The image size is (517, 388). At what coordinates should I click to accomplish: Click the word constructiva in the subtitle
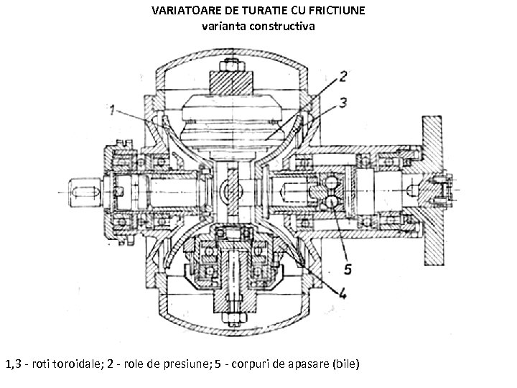click(x=279, y=27)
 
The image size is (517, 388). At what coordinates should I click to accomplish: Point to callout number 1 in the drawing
click(x=112, y=111)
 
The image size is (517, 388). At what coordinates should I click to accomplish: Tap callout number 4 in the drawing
click(x=343, y=292)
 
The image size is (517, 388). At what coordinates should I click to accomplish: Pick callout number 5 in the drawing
click(x=347, y=269)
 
